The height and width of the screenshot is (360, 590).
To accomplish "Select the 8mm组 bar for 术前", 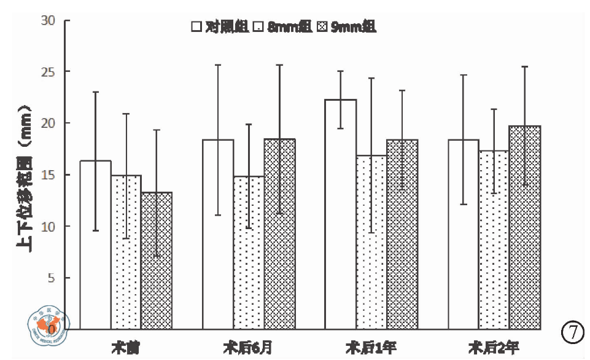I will click(126, 252).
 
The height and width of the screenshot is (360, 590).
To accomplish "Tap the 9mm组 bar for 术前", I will click(157, 260).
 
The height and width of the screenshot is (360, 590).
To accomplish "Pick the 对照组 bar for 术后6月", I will click(218, 234).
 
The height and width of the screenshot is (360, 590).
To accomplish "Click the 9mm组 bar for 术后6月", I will click(279, 233).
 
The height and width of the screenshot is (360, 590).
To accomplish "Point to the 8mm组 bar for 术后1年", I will click(371, 242).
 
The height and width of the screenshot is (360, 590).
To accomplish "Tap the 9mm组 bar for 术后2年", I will click(524, 227).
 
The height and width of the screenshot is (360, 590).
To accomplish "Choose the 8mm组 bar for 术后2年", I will click(494, 240).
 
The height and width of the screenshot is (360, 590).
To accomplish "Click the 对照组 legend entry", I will click(219, 26).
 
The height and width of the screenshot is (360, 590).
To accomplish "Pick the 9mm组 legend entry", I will click(346, 26).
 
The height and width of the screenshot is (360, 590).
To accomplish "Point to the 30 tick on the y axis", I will click(49, 20).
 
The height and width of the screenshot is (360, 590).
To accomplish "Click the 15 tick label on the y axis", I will click(49, 175).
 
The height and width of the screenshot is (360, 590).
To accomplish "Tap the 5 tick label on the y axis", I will click(52, 278).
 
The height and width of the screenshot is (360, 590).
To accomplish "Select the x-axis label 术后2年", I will click(494, 347).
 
